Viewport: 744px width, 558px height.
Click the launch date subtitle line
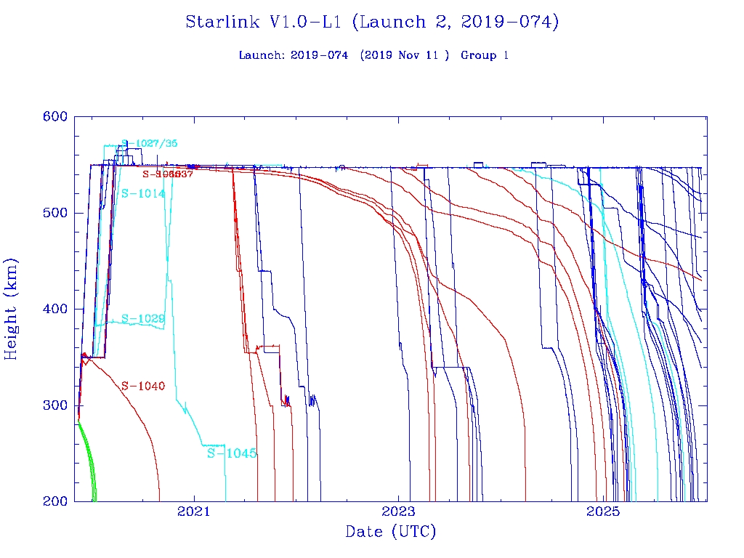[373, 55]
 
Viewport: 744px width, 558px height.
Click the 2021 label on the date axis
[194, 512]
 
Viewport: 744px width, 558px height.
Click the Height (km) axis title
[11, 309]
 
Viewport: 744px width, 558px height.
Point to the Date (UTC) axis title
[390, 533]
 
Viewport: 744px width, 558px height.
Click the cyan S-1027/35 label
[149, 143]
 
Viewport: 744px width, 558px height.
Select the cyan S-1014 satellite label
[142, 193]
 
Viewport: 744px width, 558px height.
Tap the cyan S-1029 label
[142, 318]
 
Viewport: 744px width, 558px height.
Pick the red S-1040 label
[142, 386]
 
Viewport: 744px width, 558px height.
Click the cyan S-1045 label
[232, 453]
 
